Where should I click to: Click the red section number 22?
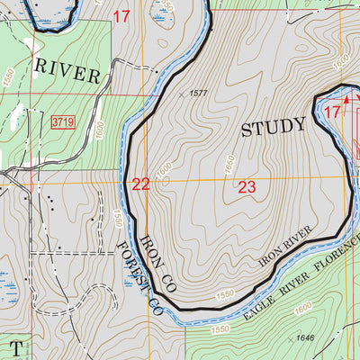click(x=141, y=184)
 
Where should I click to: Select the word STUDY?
click(x=274, y=127)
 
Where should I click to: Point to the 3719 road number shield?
click(x=62, y=121)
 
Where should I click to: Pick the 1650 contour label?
click(x=229, y=165)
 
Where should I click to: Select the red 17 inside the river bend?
click(x=332, y=112)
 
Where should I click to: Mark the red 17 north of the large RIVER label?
click(x=121, y=15)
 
